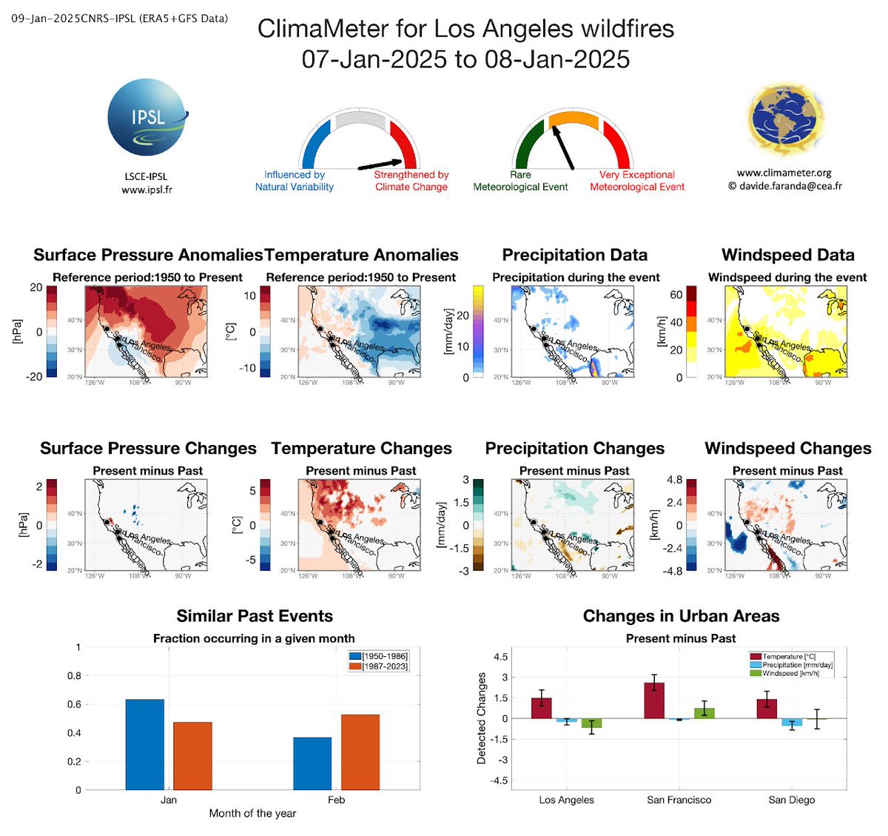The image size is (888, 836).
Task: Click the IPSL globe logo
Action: coord(147,119)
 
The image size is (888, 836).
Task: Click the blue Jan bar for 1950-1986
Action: coord(145,744)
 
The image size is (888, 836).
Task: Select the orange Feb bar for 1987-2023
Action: coord(360,752)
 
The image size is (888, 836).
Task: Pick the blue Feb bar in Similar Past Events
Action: coord(312,763)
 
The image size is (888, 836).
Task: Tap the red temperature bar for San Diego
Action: coord(767,709)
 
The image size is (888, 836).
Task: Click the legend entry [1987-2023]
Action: coord(384,666)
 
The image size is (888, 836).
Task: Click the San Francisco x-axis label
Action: coord(679,800)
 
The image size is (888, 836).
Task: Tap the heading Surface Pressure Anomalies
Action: coord(148,255)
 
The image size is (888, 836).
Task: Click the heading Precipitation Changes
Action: coord(574,449)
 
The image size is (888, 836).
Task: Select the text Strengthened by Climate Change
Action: coord(411,181)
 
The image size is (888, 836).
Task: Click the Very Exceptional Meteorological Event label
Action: coord(636,181)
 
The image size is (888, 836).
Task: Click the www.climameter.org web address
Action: coord(784,173)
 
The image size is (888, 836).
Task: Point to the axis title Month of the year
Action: coord(252,813)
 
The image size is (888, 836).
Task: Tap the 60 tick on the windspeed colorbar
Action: coord(676,295)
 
